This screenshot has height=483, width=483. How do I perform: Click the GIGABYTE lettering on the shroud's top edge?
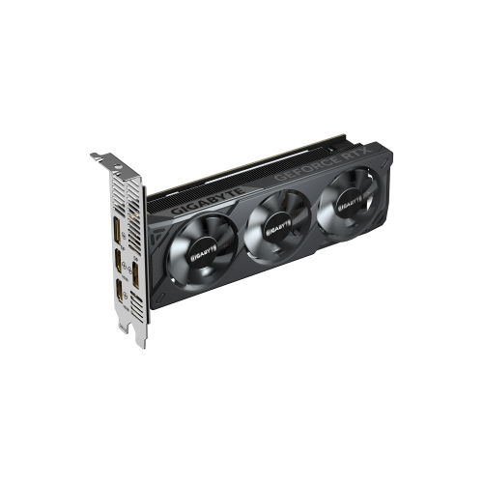(199, 198)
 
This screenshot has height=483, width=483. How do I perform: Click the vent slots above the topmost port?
(117, 198)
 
